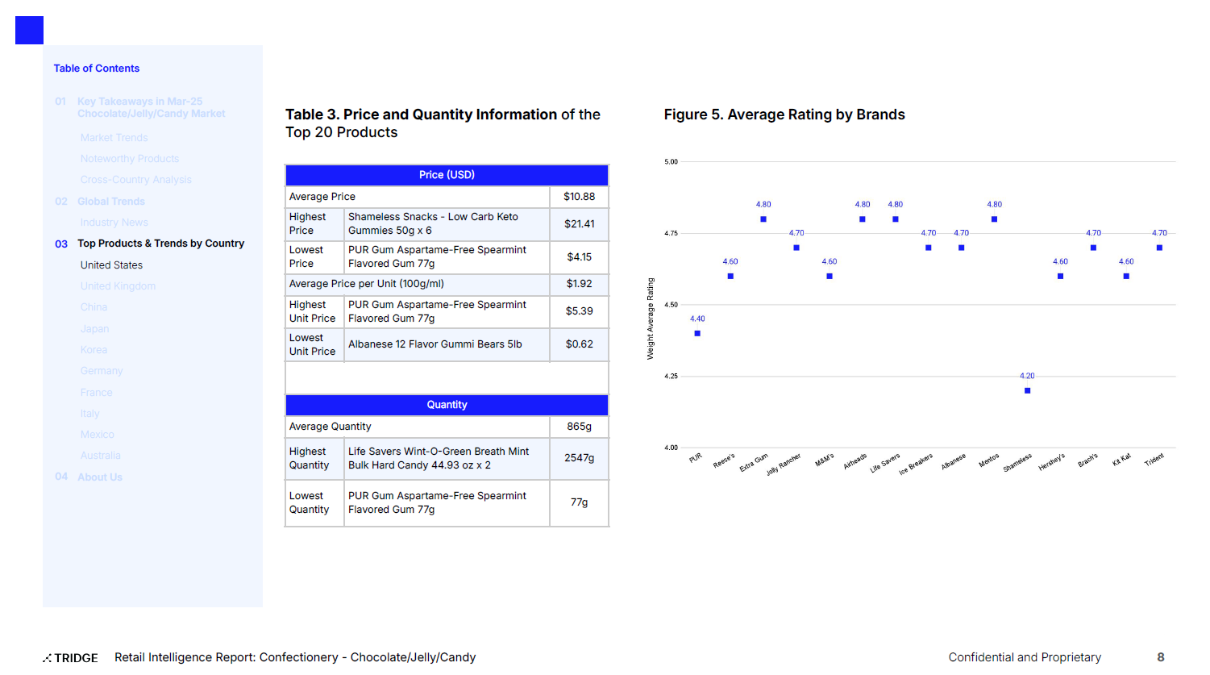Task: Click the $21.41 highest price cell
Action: coord(579,224)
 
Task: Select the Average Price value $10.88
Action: coord(579,197)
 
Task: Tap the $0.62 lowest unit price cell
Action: coord(579,344)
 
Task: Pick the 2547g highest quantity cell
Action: coord(579,458)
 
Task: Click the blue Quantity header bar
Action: coord(447,405)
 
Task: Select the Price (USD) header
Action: coord(447,175)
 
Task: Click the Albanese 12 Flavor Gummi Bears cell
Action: coord(435,344)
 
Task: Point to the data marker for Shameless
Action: coord(1027,390)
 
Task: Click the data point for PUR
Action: coord(697,333)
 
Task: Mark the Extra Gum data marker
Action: coord(763,219)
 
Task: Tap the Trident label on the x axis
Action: coord(1154,460)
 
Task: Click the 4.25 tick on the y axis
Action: coord(671,377)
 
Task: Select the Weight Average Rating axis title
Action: coord(651,319)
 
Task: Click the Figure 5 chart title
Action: coord(784,115)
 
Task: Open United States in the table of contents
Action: coord(111,265)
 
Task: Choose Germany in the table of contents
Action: coord(102,371)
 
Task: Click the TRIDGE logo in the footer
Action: coord(71,658)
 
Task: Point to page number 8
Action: coord(1160,657)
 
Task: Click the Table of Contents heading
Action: coord(97,69)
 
